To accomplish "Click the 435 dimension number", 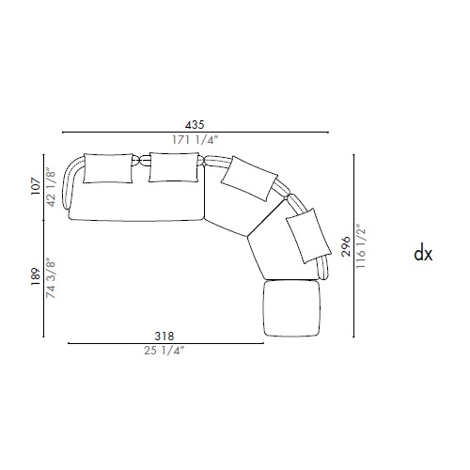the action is tap(195, 125).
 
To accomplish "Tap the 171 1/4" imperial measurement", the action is tap(195, 140).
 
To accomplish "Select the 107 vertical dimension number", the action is tap(36, 186).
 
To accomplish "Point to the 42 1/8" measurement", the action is tap(51, 189).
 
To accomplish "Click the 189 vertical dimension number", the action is tap(36, 276).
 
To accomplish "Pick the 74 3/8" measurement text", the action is tap(51, 278).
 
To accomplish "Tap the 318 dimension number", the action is tap(164, 337).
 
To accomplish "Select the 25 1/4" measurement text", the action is tap(164, 351).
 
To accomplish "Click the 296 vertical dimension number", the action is tap(346, 246).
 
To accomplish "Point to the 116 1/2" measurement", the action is tap(361, 246).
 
